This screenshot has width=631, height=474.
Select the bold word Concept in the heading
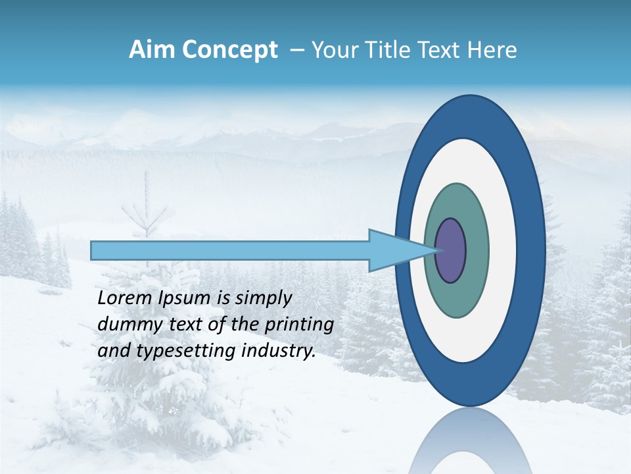pos(230,50)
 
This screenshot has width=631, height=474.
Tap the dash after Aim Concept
pos(296,51)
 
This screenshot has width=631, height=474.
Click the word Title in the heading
pos(388,50)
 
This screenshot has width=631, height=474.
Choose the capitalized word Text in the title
pos(441,50)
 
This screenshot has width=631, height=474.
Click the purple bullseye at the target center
pos(451,251)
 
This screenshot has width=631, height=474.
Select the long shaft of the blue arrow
pos(230,251)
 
